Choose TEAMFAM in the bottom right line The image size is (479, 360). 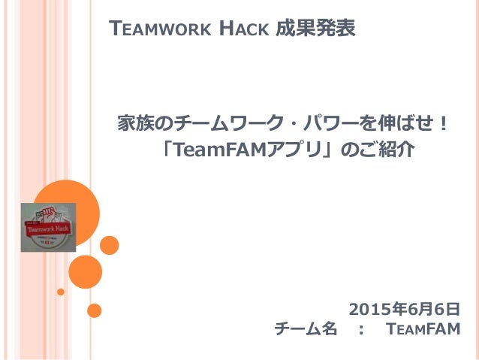[x=422, y=329]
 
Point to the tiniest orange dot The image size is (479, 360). [x=61, y=291]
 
